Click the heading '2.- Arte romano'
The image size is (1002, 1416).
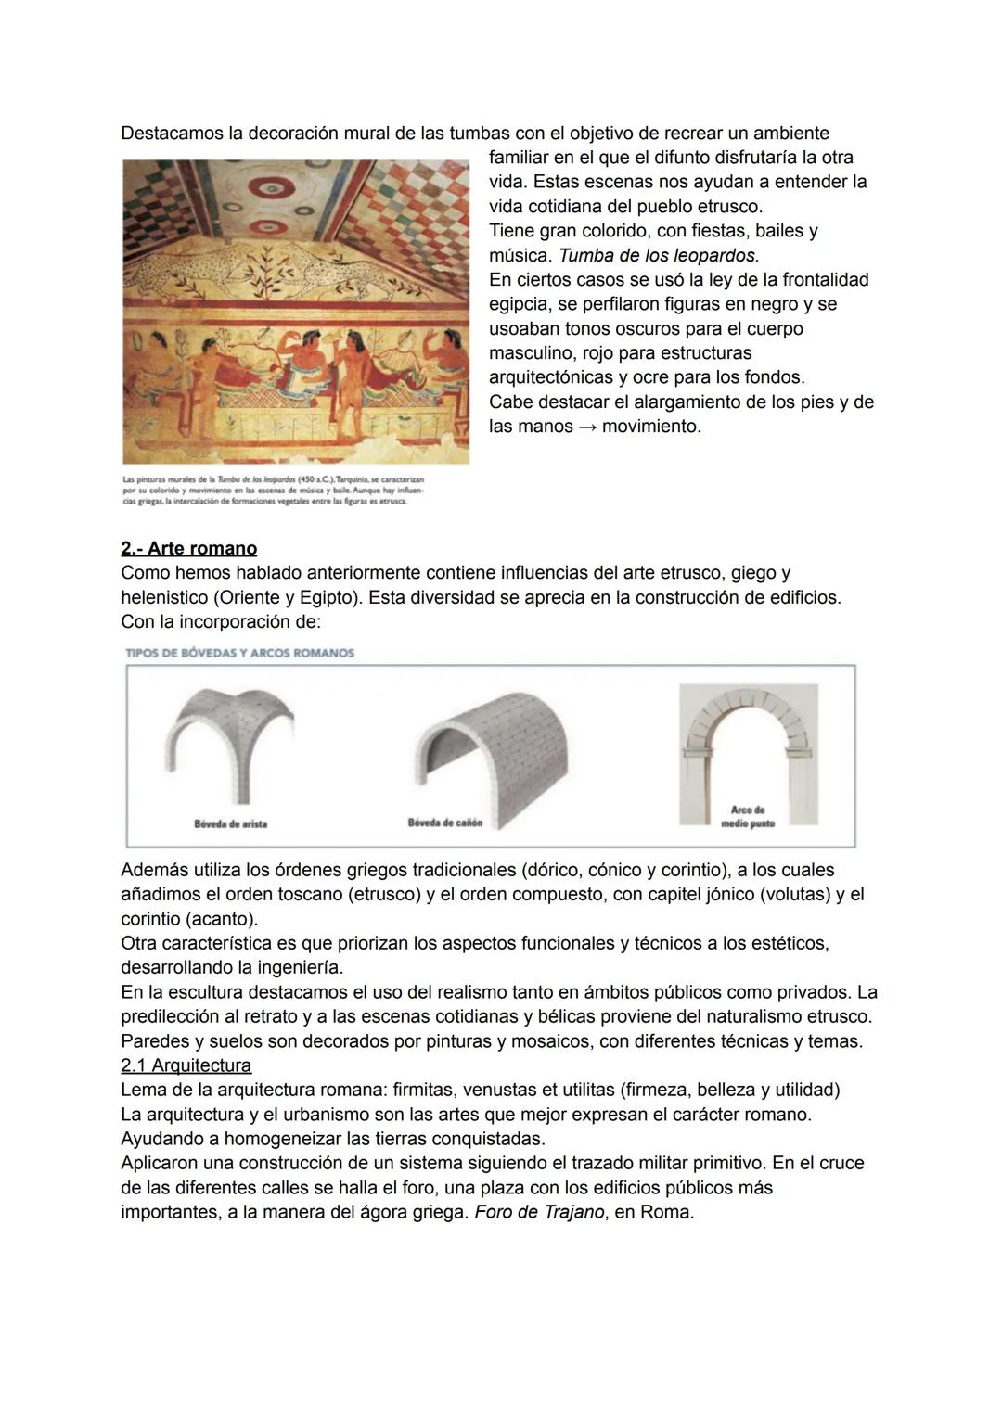(188, 548)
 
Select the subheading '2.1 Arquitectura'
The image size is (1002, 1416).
(186, 1065)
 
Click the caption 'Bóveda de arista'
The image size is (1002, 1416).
(230, 823)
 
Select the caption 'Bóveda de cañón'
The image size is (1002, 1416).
(444, 823)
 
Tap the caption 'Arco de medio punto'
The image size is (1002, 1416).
(748, 817)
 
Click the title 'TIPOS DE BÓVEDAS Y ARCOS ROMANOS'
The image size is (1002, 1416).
(239, 653)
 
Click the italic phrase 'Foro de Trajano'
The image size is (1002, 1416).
(539, 1212)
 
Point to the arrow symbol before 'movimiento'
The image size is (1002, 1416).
(587, 427)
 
